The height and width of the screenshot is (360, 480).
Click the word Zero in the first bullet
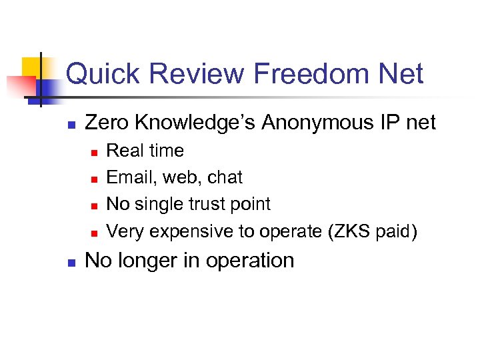coord(107,123)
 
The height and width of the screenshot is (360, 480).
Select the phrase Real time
coord(145,151)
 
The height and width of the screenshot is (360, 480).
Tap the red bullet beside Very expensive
coord(94,233)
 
